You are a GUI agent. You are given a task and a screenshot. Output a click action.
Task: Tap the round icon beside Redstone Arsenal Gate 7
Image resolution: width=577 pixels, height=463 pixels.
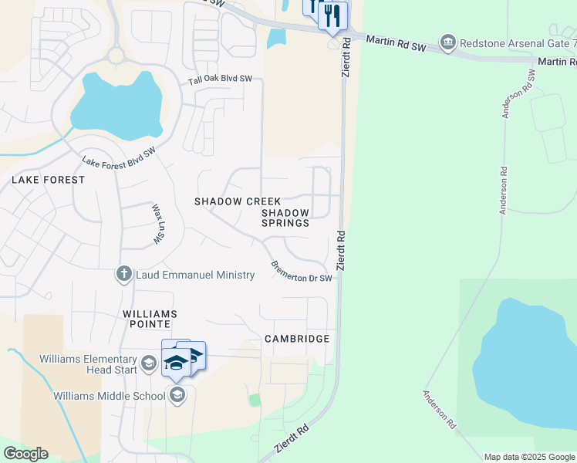point(447,41)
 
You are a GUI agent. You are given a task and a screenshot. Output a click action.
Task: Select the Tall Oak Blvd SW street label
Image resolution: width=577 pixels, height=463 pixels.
point(221,79)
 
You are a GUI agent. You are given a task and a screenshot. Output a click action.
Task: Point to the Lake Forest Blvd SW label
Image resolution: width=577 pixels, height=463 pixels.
point(119,155)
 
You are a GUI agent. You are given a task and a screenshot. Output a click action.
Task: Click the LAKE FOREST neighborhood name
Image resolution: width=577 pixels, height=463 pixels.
point(48,179)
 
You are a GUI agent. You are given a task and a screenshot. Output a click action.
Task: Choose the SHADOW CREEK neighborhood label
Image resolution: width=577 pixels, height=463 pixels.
point(238,201)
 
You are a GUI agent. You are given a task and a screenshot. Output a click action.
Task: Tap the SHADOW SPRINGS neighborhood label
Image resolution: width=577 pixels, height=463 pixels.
point(285,218)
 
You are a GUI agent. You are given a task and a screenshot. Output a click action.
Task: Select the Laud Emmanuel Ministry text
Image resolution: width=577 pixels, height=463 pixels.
point(194,275)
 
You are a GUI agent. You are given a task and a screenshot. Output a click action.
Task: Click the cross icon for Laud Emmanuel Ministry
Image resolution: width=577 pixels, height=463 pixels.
point(123,275)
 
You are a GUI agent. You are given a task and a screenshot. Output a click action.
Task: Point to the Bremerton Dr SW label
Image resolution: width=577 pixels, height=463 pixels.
point(302,271)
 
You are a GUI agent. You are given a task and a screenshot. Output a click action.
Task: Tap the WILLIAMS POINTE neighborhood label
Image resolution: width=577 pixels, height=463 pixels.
point(150,320)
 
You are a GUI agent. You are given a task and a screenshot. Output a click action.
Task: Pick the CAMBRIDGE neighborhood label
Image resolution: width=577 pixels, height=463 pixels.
point(297,339)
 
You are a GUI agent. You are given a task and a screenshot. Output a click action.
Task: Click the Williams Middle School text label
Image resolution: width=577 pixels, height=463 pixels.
point(109,397)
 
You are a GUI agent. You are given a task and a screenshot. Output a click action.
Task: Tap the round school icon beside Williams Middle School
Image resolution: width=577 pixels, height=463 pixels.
point(177,397)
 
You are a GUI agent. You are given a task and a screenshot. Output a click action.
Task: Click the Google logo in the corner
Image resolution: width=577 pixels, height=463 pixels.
point(25,454)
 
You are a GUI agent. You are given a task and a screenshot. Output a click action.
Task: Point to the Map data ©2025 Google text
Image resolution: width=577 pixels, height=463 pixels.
point(529,457)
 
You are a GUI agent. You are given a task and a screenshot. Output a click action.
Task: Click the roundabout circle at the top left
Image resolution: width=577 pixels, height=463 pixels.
point(116,56)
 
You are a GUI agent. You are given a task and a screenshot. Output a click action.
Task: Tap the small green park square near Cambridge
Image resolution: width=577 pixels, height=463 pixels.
point(255,400)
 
